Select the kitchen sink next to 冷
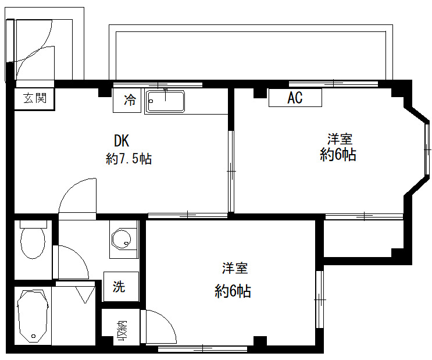point(165,101)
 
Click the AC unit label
point(295,98)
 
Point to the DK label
point(121,141)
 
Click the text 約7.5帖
point(128,159)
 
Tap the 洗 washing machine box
point(119,286)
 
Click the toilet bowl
point(33,241)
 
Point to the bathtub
point(33,317)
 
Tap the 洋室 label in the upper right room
point(340,140)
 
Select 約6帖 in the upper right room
point(338,155)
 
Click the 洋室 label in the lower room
point(235,269)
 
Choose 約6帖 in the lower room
point(233,291)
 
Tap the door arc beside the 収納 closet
point(160,326)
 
